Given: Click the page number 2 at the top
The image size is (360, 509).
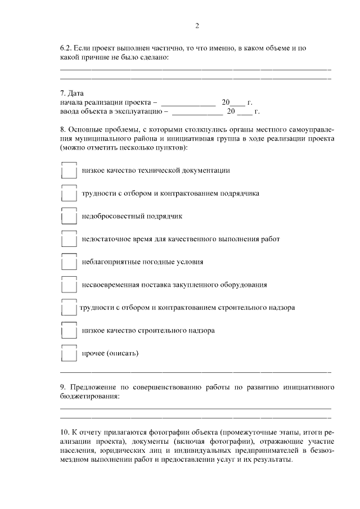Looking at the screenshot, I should (196, 26).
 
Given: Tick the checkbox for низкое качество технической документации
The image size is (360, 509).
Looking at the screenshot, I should (68, 170).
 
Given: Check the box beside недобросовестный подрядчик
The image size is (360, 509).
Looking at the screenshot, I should (68, 217).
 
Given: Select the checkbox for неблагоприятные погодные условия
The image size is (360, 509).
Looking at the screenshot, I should (68, 262).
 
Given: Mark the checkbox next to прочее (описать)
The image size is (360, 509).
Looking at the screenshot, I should (68, 354).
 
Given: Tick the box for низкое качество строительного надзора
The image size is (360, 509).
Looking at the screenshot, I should (68, 331).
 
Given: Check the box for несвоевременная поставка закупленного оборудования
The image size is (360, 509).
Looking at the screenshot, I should (68, 285).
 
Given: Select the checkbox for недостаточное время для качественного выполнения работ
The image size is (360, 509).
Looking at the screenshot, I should (68, 240).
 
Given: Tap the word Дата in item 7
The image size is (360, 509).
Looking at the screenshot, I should (75, 93).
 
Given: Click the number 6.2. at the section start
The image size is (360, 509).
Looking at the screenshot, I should (67, 48).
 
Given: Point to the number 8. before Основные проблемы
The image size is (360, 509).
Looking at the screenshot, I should (63, 129).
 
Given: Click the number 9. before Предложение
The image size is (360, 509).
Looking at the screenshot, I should (63, 388).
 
